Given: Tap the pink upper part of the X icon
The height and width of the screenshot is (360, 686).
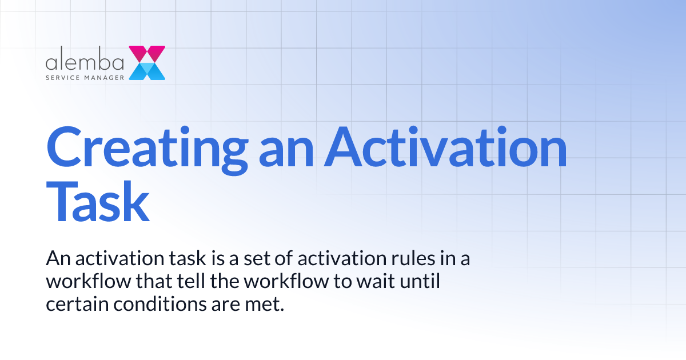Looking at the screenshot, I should tap(147, 54).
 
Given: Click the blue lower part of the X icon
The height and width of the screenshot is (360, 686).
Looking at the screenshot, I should tap(147, 71).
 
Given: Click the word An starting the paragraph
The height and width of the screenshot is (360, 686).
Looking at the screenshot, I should tap(57, 259).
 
